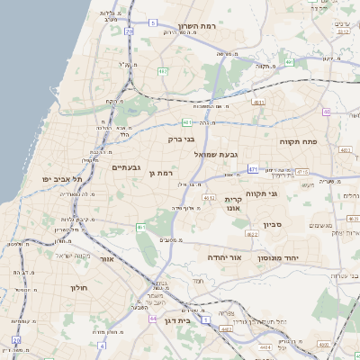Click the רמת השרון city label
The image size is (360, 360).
(199, 26)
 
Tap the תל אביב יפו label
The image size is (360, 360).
(62, 179)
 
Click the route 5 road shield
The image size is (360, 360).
(154, 22)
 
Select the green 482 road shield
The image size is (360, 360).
(163, 70)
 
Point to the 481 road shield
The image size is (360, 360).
(186, 122)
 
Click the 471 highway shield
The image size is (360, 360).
(254, 168)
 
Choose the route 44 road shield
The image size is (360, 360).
(154, 318)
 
